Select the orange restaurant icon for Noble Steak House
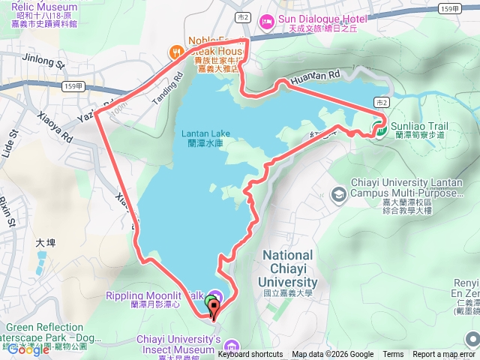[x=175, y=52]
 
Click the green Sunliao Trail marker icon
[x=380, y=129]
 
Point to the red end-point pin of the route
[x=215, y=306]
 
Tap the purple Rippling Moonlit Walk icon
[x=214, y=295]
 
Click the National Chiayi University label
[x=289, y=268]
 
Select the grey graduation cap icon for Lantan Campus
[x=338, y=194]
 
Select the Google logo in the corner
[x=28, y=349]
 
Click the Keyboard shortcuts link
[x=250, y=355]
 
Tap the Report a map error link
[x=444, y=355]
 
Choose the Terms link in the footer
[x=393, y=355]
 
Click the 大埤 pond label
[x=46, y=243]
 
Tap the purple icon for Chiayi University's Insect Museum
[x=231, y=346]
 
